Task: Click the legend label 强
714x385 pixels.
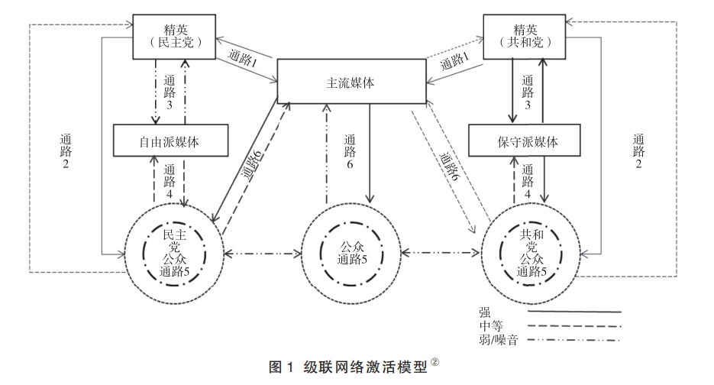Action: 484,311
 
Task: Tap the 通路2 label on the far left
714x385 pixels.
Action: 66,153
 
